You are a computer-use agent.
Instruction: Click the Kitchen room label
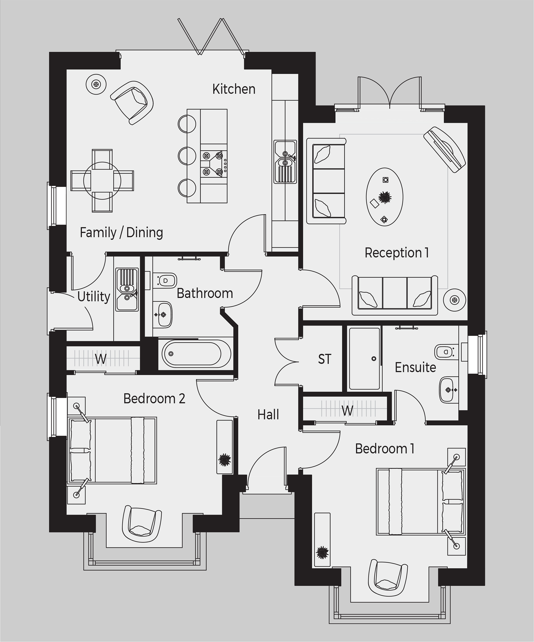tap(234, 89)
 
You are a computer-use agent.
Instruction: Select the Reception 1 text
tap(396, 253)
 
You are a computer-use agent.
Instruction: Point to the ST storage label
tap(325, 359)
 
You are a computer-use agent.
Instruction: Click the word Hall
tap(268, 415)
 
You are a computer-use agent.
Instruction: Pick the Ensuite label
tap(415, 367)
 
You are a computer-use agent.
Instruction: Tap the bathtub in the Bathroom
tap(195, 354)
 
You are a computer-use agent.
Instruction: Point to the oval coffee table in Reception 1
tap(384, 197)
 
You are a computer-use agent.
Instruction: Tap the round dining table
tap(102, 181)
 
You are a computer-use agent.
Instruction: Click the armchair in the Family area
tap(132, 102)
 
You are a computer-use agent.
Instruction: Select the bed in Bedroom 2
tap(112, 450)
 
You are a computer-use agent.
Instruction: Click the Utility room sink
tap(127, 290)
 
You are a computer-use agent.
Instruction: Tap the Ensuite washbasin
tap(449, 390)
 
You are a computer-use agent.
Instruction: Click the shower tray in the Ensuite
tap(364, 359)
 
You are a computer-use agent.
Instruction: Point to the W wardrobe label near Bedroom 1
tap(348, 411)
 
